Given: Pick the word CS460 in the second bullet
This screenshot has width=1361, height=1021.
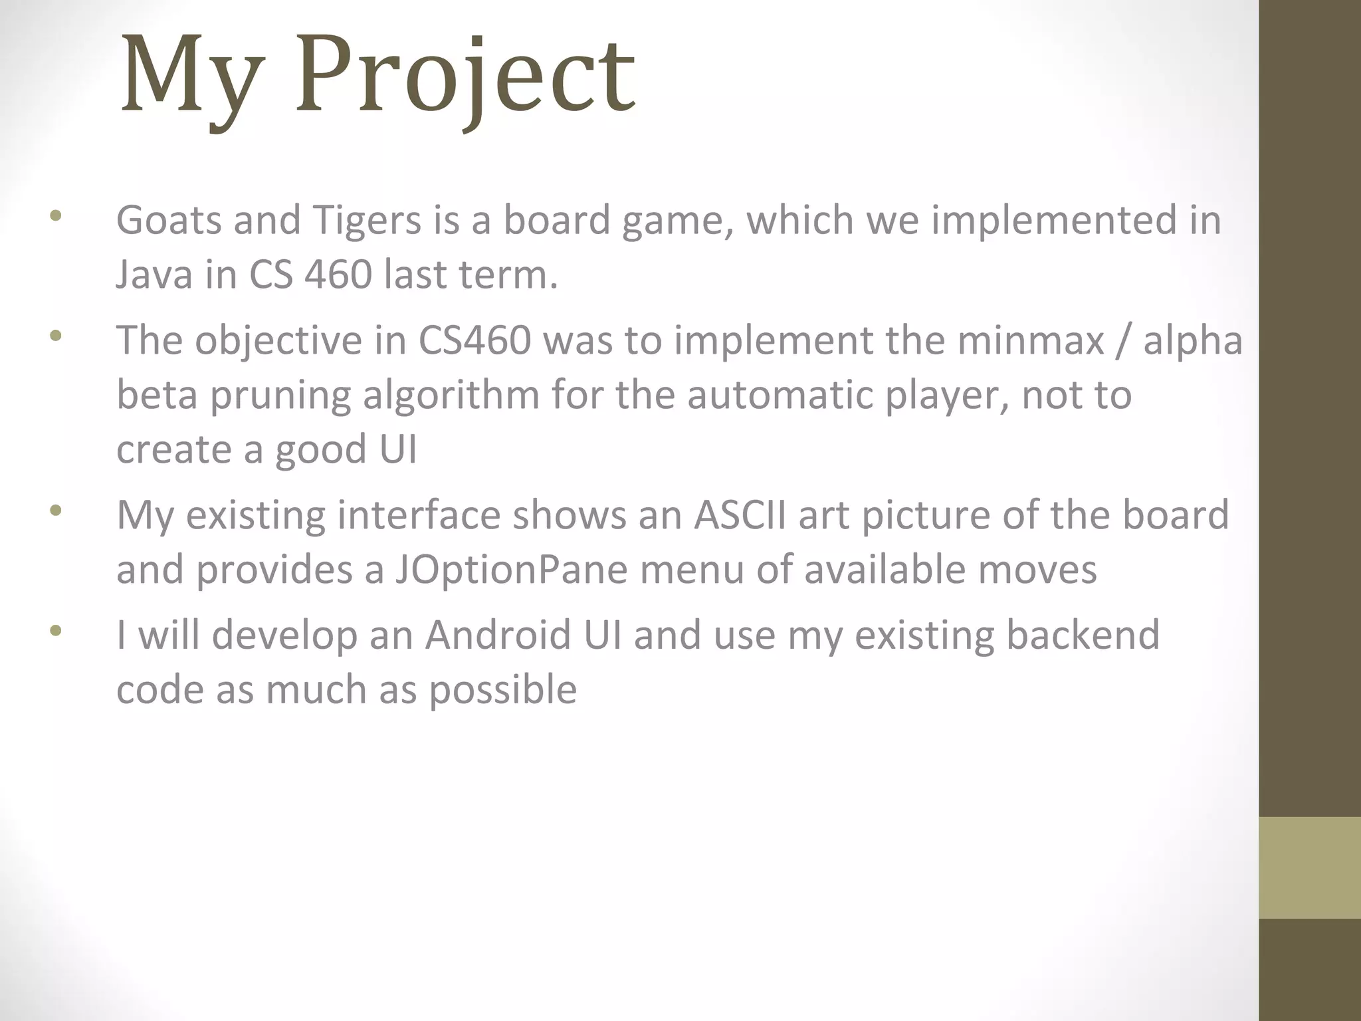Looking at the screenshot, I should (474, 340).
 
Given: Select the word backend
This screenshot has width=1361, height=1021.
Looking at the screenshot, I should (1083, 634).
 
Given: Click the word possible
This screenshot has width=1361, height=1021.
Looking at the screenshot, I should (502, 690).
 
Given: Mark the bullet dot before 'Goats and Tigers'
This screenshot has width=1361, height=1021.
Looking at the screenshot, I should (55, 215).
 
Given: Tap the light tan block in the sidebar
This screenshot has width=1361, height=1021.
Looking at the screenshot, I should (1310, 867).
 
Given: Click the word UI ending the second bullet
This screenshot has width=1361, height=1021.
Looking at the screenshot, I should (398, 449).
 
